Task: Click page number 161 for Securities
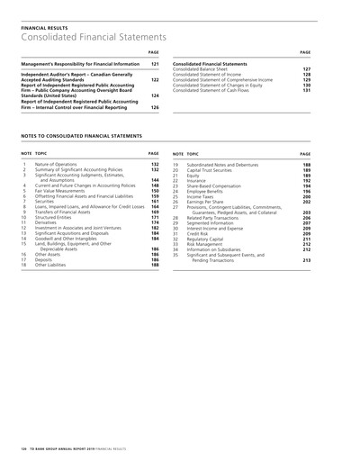coord(154,202)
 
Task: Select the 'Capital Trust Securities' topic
coord(212,170)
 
